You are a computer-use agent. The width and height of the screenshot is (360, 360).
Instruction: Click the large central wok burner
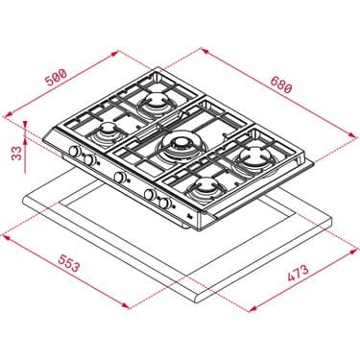(x=180, y=146)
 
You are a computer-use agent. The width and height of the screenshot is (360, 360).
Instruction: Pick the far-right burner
(x=255, y=153)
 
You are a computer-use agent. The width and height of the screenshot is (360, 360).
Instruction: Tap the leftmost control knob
(x=72, y=154)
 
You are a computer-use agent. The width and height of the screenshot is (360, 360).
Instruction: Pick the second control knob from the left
(x=87, y=160)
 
